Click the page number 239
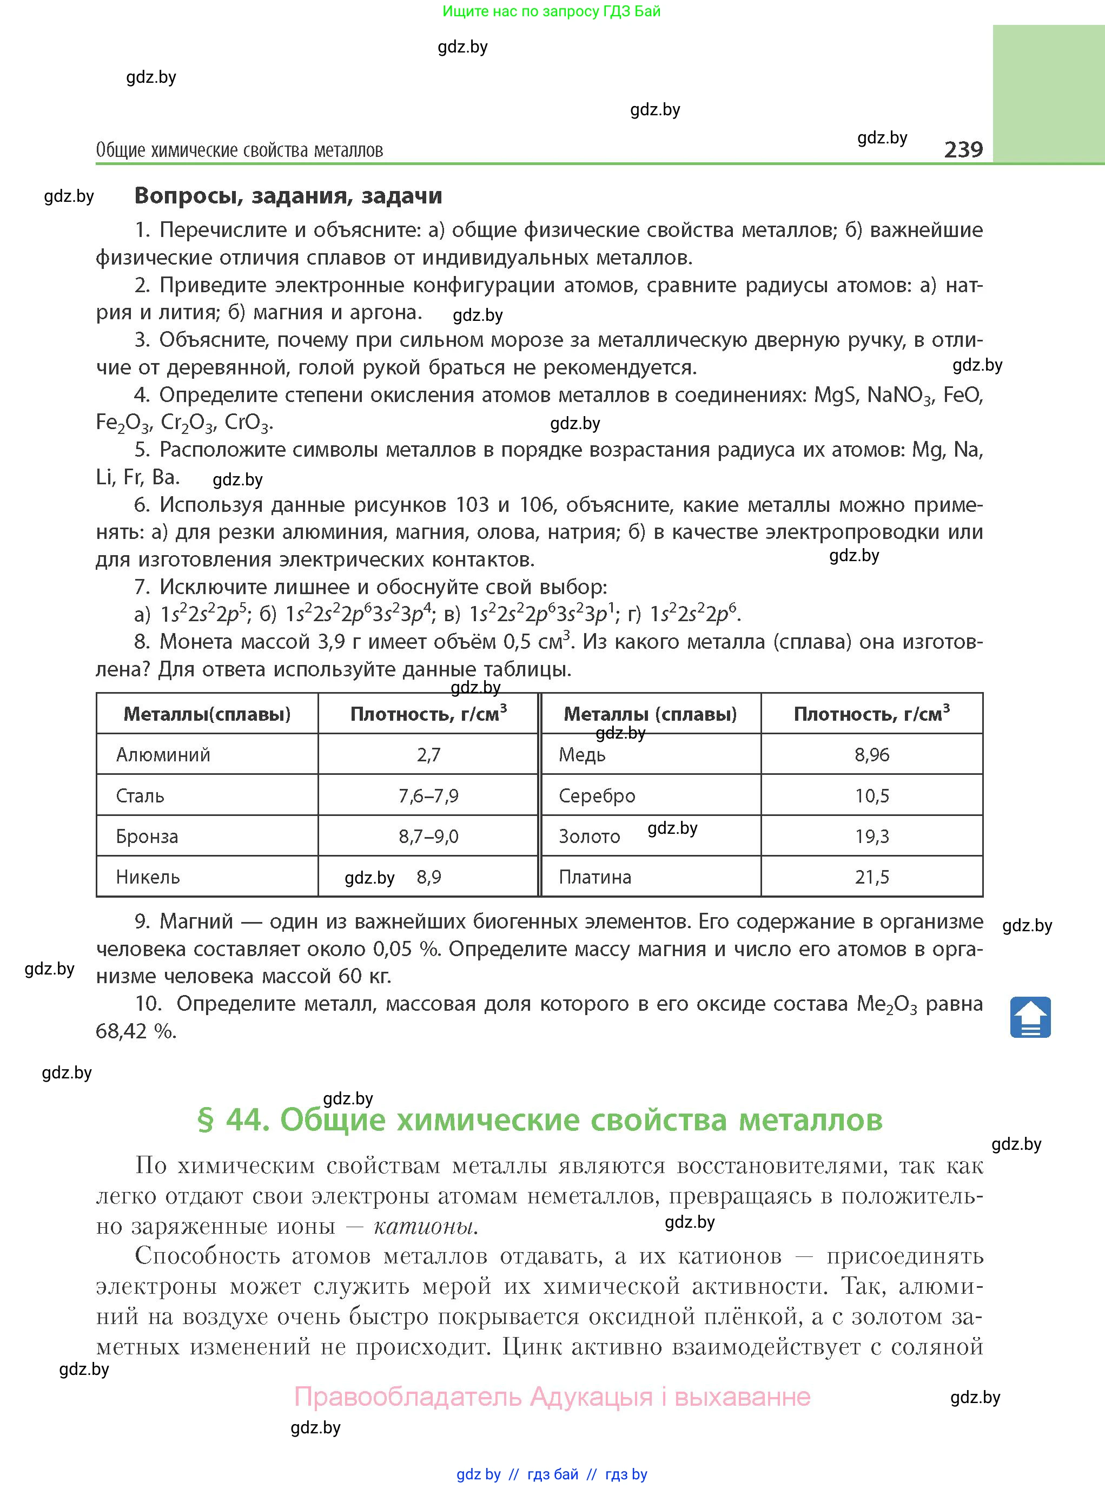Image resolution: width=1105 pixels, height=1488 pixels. coord(963,149)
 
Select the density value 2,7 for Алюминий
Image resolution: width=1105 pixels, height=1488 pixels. coord(428,755)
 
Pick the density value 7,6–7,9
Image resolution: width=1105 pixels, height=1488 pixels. coord(428,795)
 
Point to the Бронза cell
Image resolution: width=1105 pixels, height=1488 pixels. coord(147,837)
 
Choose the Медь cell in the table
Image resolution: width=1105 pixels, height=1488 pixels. coord(582,755)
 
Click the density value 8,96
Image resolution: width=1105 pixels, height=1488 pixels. coord(871,755)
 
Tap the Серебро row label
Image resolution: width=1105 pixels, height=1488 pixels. coord(597,795)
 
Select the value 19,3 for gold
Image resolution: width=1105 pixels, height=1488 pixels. coord(871,837)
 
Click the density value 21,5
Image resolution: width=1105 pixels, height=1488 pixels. coord(871,877)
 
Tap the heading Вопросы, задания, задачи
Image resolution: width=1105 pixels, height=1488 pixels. coord(288,195)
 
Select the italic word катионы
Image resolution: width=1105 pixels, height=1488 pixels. coord(426,1227)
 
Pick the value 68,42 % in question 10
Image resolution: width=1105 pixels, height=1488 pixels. coord(136,1031)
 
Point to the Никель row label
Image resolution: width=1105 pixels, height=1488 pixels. coord(148,877)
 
